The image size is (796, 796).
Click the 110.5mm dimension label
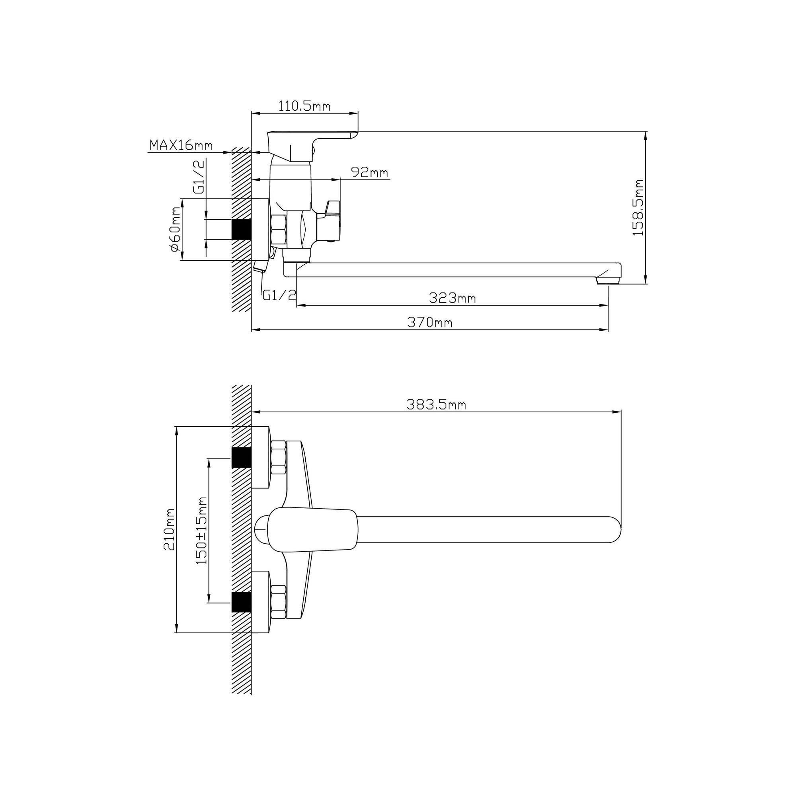click(304, 106)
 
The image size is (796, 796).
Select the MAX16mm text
click(181, 145)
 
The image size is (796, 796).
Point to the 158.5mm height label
click(638, 207)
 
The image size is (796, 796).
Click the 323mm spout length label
click(452, 297)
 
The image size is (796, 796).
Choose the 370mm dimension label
click(430, 322)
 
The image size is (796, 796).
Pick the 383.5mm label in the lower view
click(436, 405)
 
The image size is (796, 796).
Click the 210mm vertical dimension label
click(169, 529)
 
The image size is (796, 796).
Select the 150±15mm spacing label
click(202, 531)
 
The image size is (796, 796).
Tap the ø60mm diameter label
click(174, 229)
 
